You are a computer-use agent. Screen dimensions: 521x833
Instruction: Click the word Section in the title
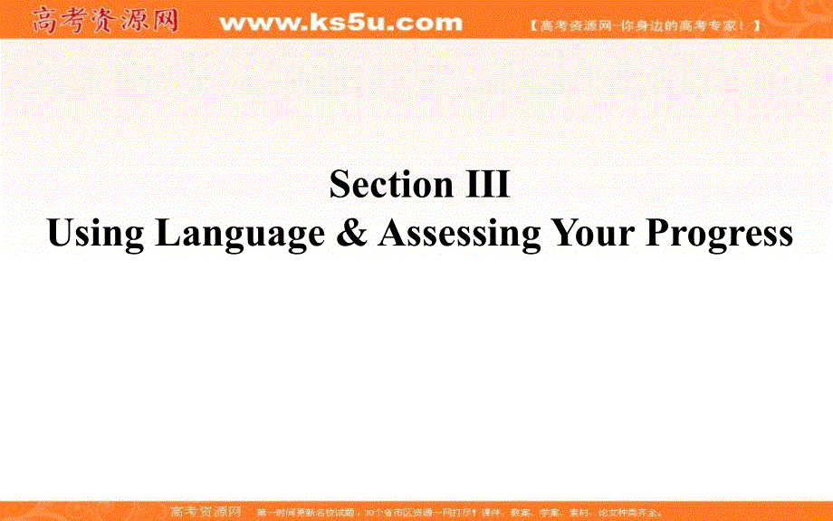[x=385, y=185]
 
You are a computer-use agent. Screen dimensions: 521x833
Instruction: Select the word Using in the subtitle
[x=95, y=234]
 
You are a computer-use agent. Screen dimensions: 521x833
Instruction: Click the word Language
[x=240, y=234]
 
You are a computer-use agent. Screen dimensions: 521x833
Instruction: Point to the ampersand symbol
[x=351, y=233]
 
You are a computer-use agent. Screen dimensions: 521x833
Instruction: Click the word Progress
[x=719, y=234]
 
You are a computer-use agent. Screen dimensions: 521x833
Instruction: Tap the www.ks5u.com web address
[x=340, y=22]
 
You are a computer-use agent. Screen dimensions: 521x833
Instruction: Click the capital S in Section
[x=340, y=185]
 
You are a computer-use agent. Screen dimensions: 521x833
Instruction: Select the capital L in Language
[x=167, y=233]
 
